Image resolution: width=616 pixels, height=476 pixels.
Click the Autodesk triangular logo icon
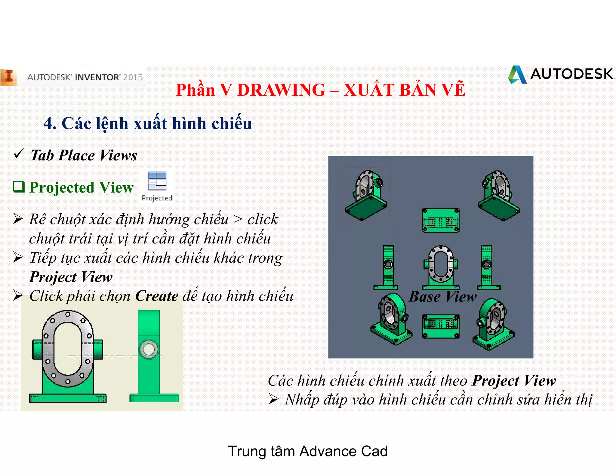[x=517, y=75]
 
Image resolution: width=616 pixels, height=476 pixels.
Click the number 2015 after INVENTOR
[x=133, y=77]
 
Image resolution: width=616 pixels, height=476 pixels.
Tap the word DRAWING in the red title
[x=281, y=90]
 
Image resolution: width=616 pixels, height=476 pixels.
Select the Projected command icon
[x=157, y=181]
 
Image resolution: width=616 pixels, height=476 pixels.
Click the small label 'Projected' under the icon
[x=157, y=198]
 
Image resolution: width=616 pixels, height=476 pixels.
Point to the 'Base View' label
[x=442, y=297]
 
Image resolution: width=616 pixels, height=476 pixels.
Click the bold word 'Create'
[x=157, y=296]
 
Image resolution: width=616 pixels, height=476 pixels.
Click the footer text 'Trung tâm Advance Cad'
[x=308, y=451]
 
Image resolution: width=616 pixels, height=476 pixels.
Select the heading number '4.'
[x=50, y=123]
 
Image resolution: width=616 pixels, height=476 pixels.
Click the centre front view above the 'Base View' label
[x=441, y=267]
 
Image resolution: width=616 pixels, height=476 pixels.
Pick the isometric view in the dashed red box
[x=366, y=195]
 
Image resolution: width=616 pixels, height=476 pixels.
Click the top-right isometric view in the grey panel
[x=498, y=196]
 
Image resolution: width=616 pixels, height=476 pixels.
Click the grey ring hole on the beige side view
[x=149, y=349]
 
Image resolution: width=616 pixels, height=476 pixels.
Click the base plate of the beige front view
[x=68, y=398]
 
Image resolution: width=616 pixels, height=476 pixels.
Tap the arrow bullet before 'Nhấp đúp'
[x=273, y=399]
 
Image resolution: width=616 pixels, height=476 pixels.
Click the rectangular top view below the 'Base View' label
[x=441, y=326]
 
